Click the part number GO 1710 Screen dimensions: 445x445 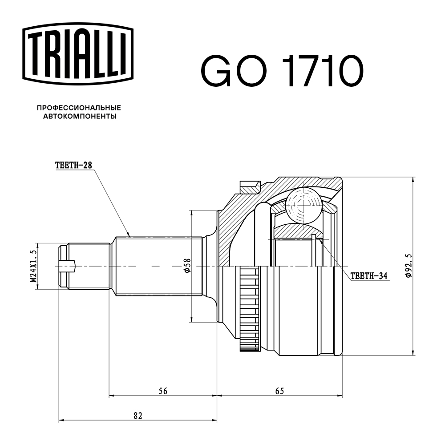(282, 72)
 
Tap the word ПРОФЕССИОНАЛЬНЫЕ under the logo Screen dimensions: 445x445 (79, 108)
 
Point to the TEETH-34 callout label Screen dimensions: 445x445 (369, 276)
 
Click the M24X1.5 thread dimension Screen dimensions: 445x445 (33, 266)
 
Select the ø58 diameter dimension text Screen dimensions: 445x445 (187, 266)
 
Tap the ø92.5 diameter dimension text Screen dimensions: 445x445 (409, 266)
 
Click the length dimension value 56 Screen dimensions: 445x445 (163, 391)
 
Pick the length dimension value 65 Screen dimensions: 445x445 (279, 391)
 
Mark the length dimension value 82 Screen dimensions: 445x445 (138, 416)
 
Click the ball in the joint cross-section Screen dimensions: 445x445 (303, 205)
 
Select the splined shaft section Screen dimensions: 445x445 (158, 266)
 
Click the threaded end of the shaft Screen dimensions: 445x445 (85, 266)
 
